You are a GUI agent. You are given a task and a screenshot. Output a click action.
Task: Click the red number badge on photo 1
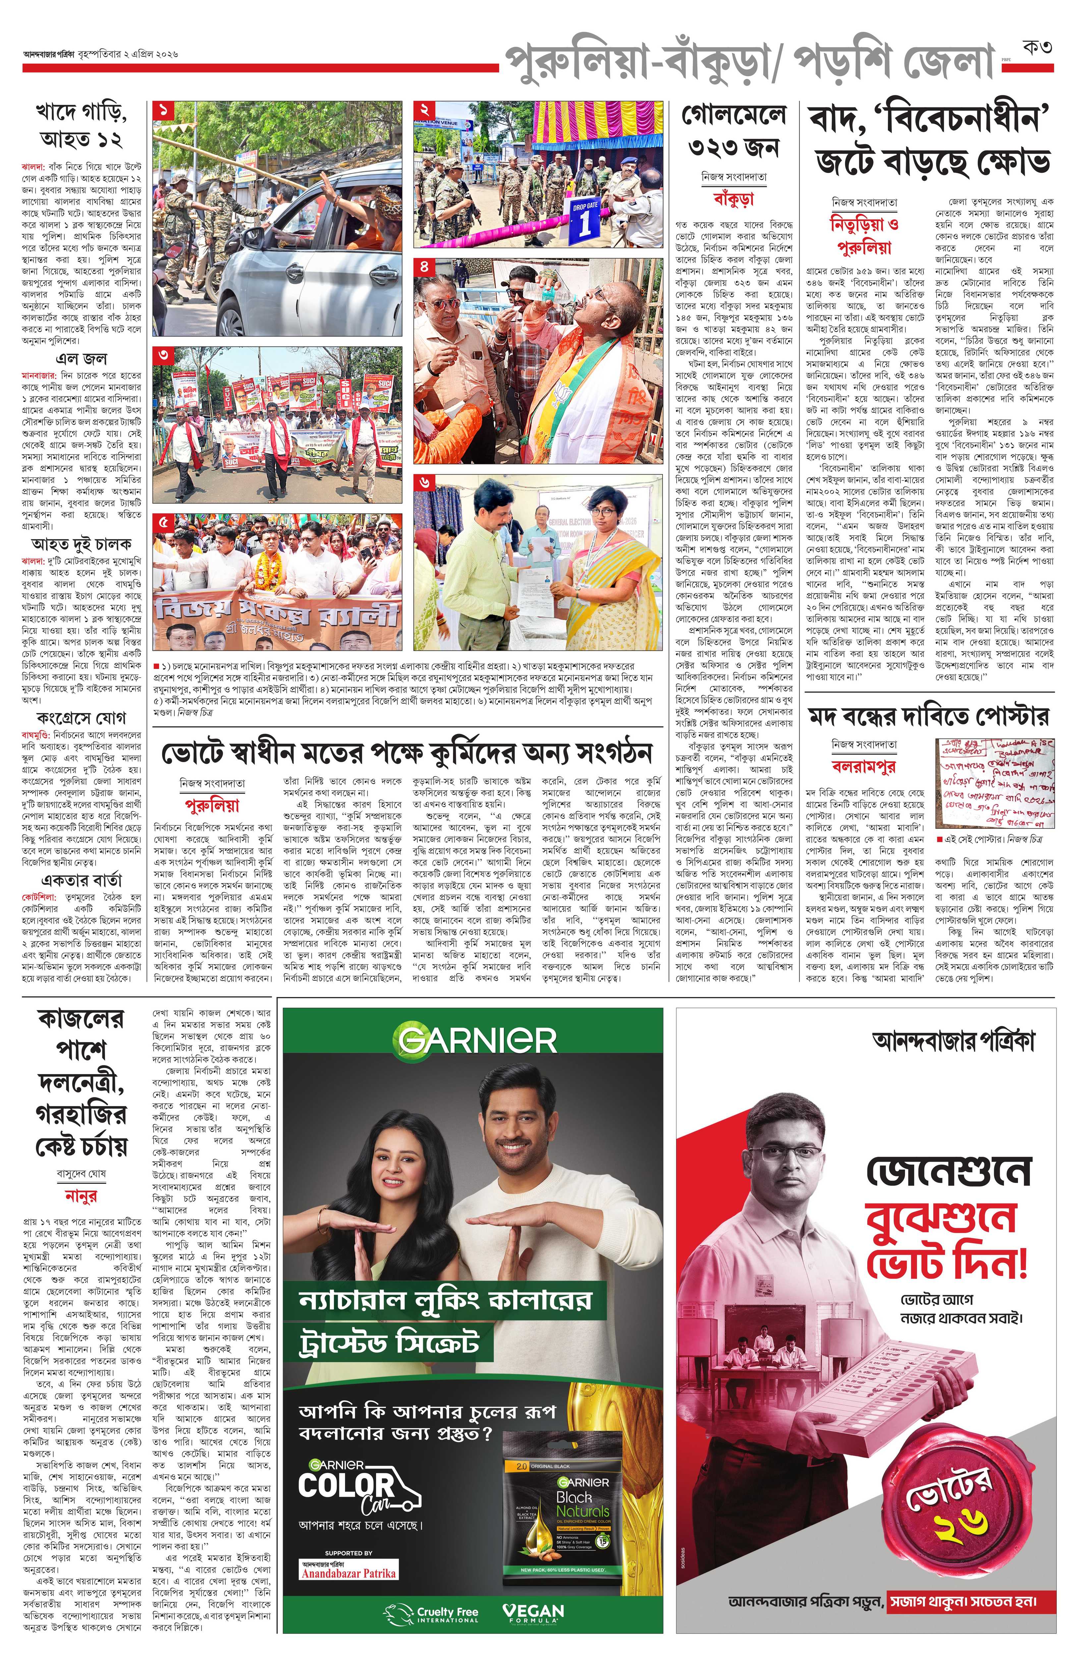(x=163, y=110)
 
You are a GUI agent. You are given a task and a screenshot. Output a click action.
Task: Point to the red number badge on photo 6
(x=424, y=482)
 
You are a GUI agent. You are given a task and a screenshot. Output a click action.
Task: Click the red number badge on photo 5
(x=163, y=522)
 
